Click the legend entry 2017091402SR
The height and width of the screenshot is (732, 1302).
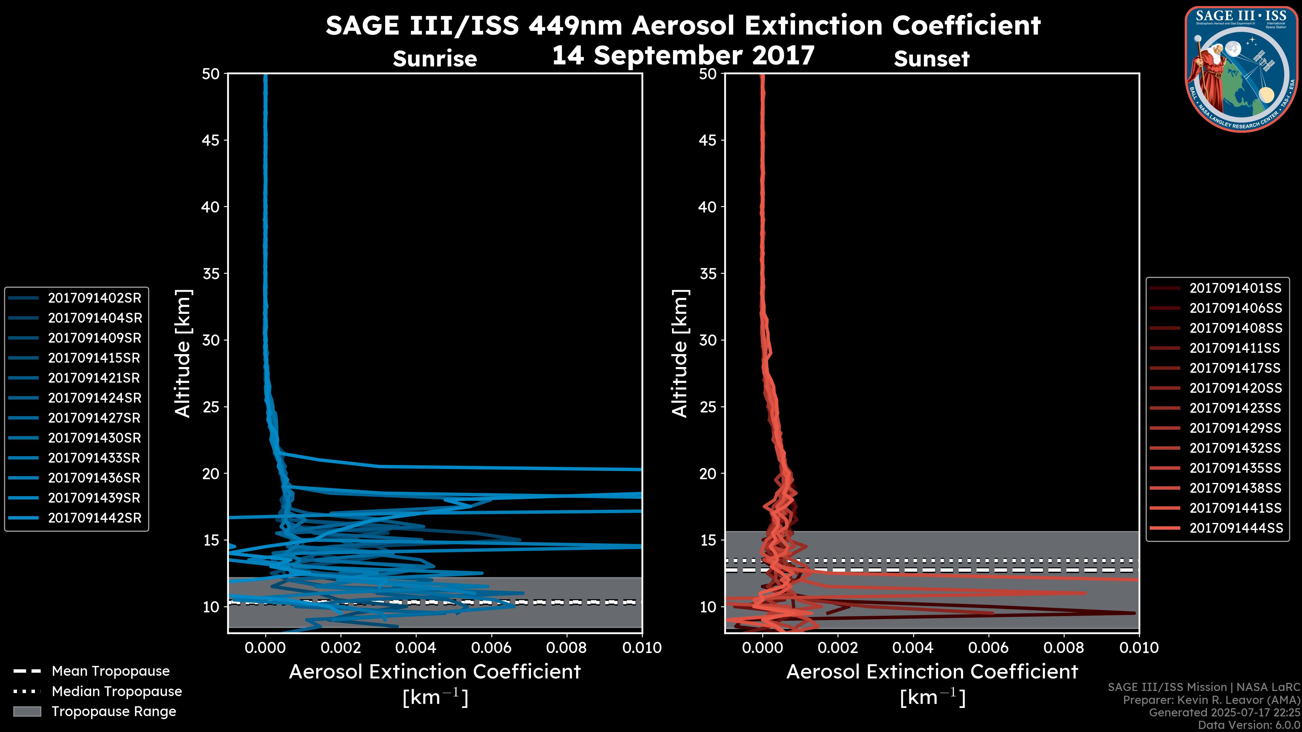[95, 298]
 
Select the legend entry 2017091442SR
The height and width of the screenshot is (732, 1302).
[95, 518]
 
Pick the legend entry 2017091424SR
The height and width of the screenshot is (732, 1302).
[95, 398]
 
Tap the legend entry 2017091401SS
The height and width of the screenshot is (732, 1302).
[1235, 288]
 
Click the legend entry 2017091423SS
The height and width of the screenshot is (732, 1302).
[1235, 408]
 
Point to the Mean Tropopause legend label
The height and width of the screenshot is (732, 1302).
[110, 671]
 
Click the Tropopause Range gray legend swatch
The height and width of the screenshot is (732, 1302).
[27, 711]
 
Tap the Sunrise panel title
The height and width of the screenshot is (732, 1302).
[435, 59]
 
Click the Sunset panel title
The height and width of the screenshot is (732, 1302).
[931, 59]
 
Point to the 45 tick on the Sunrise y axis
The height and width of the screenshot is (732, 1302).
[211, 140]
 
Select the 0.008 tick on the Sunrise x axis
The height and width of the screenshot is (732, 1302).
[567, 648]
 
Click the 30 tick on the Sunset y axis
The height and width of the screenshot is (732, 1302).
[708, 340]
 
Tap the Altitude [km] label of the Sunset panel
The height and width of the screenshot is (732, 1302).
[680, 353]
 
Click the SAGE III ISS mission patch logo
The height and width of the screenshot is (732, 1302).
[1241, 69]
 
